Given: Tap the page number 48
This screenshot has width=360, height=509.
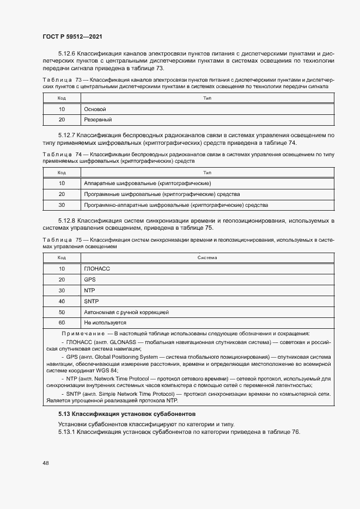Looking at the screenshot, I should click(46, 463).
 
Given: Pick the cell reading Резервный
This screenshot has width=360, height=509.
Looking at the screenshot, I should click(97, 119).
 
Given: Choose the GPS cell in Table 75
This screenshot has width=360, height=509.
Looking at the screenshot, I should click(90, 279).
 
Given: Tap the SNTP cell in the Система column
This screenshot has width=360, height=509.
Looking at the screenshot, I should click(91, 301).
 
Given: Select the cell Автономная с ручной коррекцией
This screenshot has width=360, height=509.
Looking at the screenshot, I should click(126, 312).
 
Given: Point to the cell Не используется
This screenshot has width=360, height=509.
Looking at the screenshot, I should click(105, 323).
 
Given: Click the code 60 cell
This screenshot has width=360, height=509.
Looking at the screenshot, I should click(62, 323).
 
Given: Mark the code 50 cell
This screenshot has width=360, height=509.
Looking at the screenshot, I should click(62, 312).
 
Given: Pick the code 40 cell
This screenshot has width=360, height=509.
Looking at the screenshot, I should click(62, 301).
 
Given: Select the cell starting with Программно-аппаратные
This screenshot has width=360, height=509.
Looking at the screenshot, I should click(175, 205).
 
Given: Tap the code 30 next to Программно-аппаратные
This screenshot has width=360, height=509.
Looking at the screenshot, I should click(62, 205).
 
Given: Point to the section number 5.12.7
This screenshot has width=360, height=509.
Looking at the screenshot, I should click(66, 134).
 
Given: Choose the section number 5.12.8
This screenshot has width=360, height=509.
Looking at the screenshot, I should click(66, 220).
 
